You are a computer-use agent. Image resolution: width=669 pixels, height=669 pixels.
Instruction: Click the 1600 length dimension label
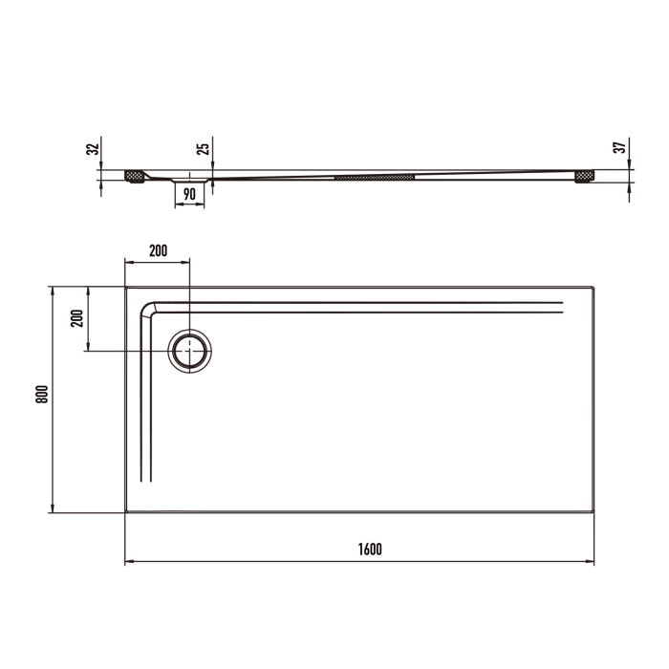pos(370,549)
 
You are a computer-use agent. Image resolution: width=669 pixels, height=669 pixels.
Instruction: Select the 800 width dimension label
pos(41,399)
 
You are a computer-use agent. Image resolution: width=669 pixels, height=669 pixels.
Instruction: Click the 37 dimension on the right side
pos(619,148)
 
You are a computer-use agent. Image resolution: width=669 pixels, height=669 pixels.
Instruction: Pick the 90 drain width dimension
pos(189,194)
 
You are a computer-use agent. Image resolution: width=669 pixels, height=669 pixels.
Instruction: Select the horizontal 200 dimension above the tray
pos(158,250)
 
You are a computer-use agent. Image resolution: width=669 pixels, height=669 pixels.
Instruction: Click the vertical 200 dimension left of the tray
pos(77,317)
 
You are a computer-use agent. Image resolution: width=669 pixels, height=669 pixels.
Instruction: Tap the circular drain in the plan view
pos(190,351)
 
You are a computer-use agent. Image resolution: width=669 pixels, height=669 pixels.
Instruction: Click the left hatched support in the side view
pos(135,177)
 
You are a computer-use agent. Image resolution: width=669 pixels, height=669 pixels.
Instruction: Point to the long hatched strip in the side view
pos(374,177)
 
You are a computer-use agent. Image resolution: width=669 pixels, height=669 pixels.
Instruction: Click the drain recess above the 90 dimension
pos(190,180)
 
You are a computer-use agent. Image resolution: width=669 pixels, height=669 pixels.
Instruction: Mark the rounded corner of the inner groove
pos(150,310)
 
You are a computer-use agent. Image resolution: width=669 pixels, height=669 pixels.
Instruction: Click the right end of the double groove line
pos(562,306)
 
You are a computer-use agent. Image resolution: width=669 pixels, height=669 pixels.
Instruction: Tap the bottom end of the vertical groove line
pos(145,481)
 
